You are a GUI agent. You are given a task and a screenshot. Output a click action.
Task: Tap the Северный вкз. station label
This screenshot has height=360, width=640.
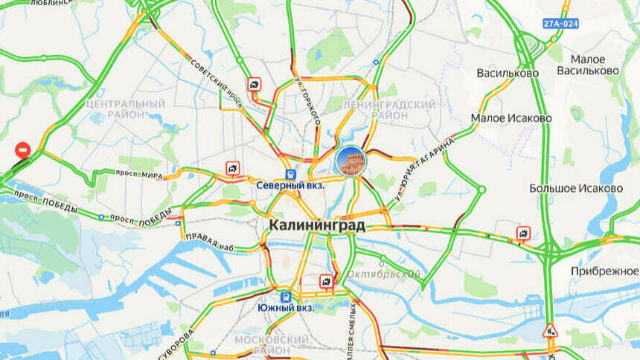(x=290, y=185)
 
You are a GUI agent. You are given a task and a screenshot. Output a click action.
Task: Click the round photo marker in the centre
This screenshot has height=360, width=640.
(x=350, y=161)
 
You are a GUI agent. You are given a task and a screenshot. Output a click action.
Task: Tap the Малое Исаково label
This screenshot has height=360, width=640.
(x=511, y=118)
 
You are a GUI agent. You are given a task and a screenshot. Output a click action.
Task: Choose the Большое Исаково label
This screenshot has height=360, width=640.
(x=576, y=188)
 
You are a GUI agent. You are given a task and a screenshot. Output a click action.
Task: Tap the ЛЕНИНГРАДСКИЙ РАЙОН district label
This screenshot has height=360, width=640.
(x=388, y=110)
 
